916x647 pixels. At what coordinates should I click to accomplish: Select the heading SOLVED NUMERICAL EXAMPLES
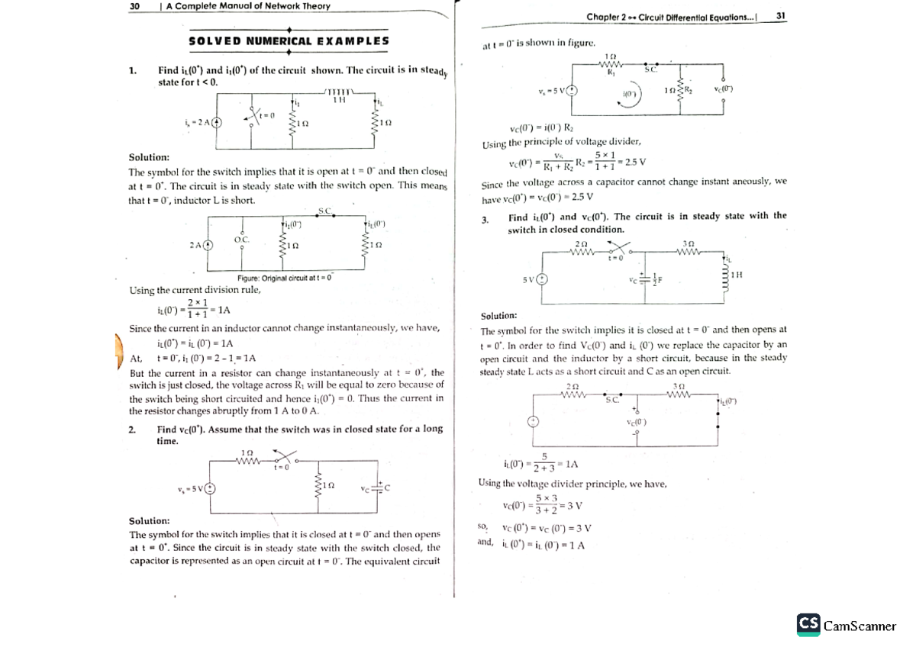tap(289, 41)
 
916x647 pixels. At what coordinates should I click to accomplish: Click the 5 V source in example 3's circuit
tap(542, 279)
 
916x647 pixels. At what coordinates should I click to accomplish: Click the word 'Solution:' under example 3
tap(498, 315)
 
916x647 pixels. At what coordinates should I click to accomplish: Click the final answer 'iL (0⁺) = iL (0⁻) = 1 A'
tap(543, 544)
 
